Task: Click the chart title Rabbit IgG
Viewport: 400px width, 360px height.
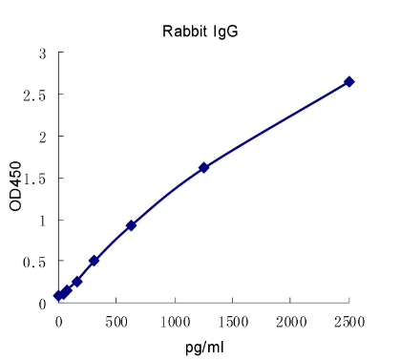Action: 200,31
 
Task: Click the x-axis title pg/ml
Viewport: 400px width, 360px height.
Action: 203,345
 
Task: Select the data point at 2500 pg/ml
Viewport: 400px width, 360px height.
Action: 349,82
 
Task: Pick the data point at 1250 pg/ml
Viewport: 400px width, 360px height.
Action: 203,168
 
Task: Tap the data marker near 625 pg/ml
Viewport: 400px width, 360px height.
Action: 131,225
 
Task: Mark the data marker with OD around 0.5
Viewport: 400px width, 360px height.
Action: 94,261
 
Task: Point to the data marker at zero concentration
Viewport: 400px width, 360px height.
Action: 58,296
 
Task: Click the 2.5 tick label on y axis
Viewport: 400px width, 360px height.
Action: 37,95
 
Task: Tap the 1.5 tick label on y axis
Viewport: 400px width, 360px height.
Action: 37,179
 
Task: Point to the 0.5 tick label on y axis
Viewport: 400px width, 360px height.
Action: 37,262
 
